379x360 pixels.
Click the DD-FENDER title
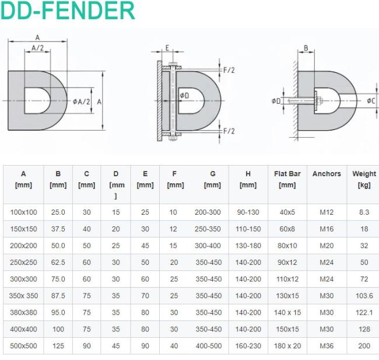[68, 11]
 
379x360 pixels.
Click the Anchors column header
[327, 174]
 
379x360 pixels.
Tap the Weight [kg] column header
[364, 179]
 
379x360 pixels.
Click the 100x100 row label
[23, 212]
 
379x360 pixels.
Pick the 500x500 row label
[23, 346]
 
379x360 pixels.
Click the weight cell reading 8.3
[364, 212]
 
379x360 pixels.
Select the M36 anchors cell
[327, 346]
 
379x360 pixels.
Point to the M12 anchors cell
[327, 212]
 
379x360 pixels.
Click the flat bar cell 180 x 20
[287, 346]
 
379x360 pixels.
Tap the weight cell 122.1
[364, 312]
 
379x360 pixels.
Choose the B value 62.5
[58, 262]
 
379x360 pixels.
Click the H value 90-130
[248, 212]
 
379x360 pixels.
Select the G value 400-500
[209, 346]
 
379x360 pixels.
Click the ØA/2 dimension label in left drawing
[82, 102]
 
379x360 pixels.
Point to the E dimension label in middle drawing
[167, 48]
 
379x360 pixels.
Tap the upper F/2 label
[229, 70]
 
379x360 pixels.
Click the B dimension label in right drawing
[306, 48]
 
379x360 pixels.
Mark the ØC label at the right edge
[371, 100]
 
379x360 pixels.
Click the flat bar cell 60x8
[287, 229]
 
